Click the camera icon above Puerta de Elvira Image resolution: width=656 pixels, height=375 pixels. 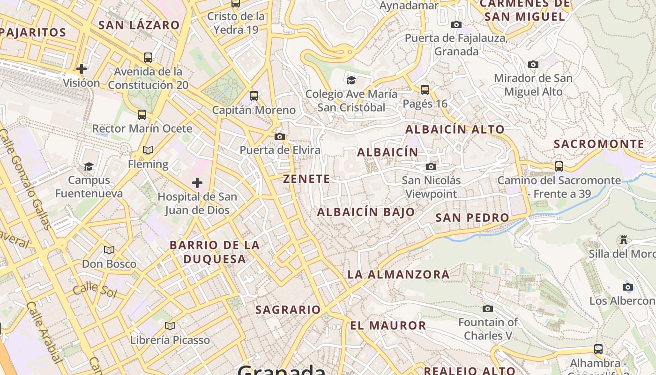coord(280,136)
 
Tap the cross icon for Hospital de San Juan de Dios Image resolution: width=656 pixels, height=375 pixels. coord(197,182)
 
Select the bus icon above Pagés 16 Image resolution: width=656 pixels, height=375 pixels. coord(425,90)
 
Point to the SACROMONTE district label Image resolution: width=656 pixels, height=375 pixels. coord(599,144)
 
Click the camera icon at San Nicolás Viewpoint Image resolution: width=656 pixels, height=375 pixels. coord(431,166)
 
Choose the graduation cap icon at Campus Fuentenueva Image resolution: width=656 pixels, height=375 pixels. coord(89,166)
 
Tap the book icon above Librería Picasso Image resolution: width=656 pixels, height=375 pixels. coord(170,326)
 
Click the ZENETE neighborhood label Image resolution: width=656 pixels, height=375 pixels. coord(307,179)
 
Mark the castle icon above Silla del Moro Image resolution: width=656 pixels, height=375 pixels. coord(624,240)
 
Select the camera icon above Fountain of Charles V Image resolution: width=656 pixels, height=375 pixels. coord(488,308)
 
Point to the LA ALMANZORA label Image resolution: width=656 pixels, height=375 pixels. coord(398,274)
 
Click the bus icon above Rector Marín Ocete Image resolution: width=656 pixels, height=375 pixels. coord(142,114)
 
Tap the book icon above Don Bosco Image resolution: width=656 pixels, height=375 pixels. coord(109,250)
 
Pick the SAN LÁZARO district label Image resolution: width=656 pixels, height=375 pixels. coord(139,25)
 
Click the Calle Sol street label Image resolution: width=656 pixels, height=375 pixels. coord(94,290)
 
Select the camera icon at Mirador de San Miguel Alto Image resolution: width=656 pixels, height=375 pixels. coord(533,64)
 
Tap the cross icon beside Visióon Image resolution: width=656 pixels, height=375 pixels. coord(82,69)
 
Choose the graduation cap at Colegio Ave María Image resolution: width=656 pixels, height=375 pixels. coord(351,80)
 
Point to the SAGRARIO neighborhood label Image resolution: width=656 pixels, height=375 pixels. coord(288,309)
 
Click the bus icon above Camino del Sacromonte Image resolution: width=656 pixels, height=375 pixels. coord(559,166)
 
